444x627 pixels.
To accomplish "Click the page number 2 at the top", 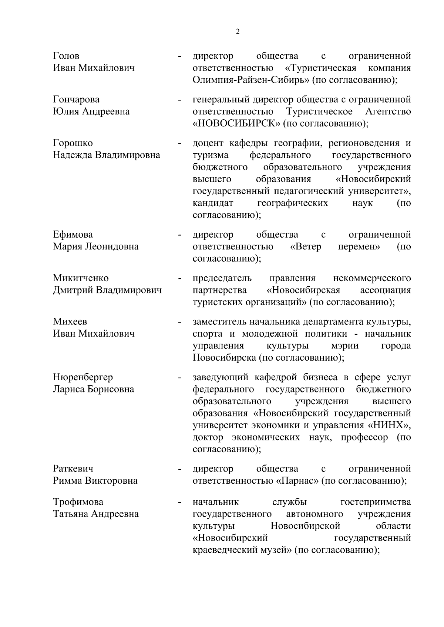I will pos(238,32).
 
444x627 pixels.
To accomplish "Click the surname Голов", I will pos(66,56).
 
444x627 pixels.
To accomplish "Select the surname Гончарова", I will pos(76,99).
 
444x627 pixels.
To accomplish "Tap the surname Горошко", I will pos(73,143).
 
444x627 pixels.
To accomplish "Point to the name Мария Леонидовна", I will pos(96,246).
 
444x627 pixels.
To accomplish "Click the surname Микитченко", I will pos(81,278).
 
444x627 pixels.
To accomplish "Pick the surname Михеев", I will pos(70,321).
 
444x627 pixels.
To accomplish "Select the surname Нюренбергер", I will pos(83,377).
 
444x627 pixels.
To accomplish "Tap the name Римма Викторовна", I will pos(95,481).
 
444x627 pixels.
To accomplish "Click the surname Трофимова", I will pos(78,502).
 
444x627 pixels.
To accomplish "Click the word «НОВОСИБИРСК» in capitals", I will pos(237,123).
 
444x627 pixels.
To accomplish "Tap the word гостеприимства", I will pos(375,502).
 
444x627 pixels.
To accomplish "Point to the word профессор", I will pos(364,437).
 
